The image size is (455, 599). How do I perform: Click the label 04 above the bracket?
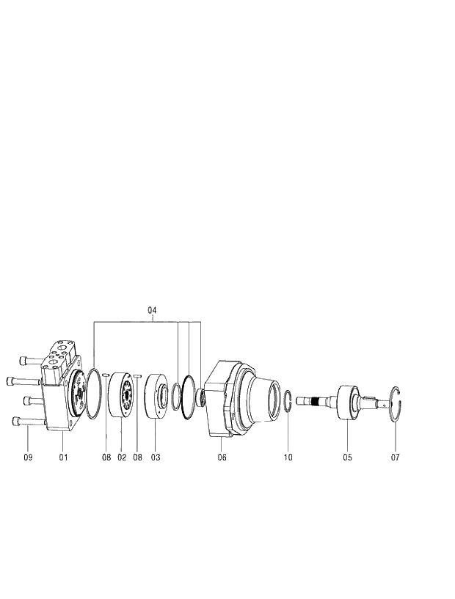[152, 310]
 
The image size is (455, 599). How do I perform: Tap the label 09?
[28, 457]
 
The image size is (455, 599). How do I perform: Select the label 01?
[63, 457]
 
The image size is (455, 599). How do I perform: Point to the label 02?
[122, 457]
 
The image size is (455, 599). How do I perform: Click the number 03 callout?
[156, 457]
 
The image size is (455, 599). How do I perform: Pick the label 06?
[222, 457]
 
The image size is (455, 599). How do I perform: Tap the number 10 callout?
[288, 457]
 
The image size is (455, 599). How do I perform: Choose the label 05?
[347, 457]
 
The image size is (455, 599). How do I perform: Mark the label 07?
[395, 457]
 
